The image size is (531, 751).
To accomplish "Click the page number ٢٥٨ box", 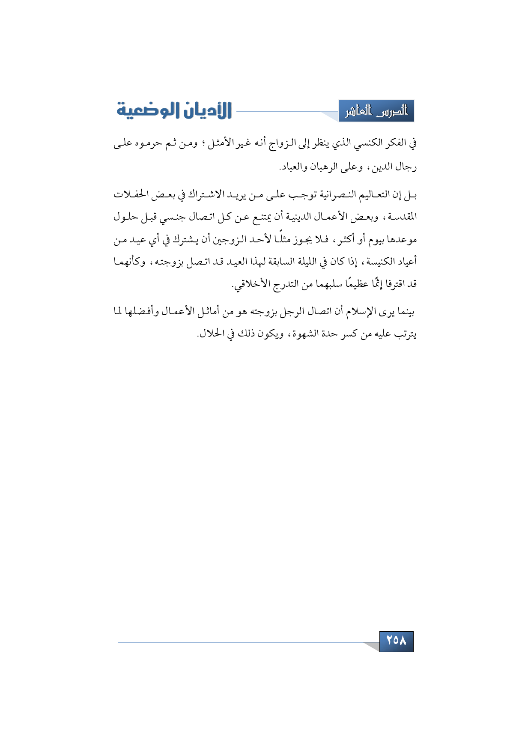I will [396, 641].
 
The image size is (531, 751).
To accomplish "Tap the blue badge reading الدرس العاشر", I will [376, 111].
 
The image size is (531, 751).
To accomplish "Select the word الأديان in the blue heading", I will [204, 110].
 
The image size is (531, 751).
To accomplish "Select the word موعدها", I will [402, 240].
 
